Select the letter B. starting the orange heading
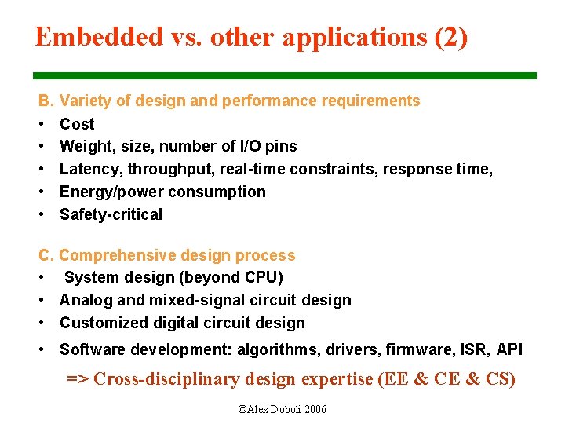pyautogui.click(x=46, y=101)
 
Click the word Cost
pyautogui.click(x=77, y=124)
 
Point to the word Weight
pyautogui.click(x=83, y=146)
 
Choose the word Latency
pyautogui.click(x=89, y=169)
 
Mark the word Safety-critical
pyautogui.click(x=111, y=214)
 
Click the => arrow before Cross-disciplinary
pyautogui.click(x=78, y=379)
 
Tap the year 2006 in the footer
pyautogui.click(x=315, y=410)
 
